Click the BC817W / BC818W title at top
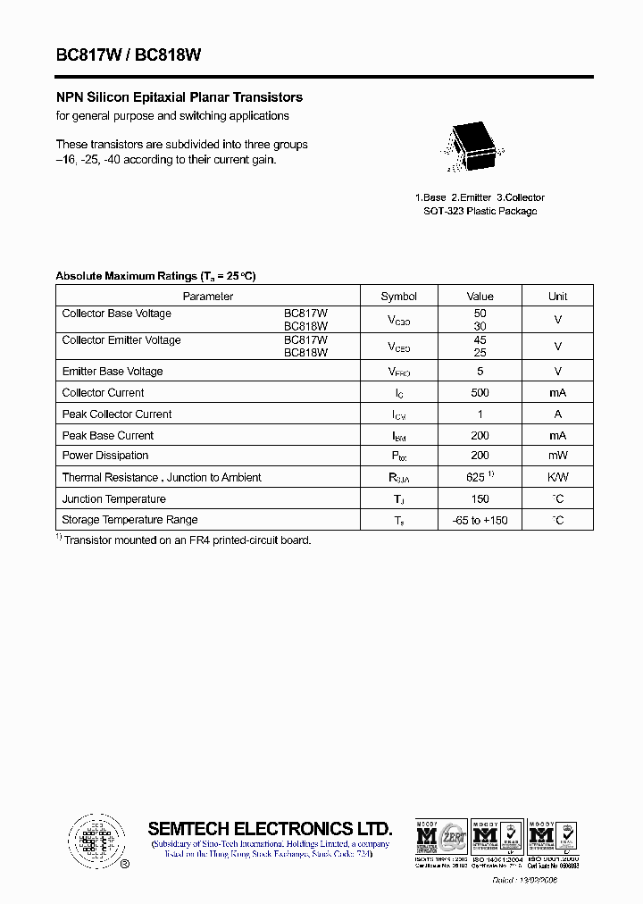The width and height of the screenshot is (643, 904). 129,54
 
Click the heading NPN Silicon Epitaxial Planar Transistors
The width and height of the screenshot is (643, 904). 180,97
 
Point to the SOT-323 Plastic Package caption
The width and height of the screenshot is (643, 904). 480,212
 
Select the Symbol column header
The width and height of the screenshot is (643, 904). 398,297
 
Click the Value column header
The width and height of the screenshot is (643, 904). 480,297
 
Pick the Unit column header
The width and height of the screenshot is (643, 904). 557,297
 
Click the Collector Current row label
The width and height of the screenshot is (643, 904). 103,393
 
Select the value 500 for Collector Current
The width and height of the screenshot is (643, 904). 480,393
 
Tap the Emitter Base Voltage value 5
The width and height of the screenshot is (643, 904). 480,372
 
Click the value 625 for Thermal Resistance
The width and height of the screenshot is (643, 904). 477,478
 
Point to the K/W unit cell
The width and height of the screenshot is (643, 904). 557,478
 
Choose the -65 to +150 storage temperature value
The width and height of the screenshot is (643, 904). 480,520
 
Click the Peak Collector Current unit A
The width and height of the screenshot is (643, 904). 557,414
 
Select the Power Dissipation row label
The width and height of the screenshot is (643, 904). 105,456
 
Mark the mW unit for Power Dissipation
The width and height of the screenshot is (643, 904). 557,456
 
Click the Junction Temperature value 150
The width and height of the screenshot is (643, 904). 480,499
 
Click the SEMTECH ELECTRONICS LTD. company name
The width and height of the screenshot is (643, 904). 270,828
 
